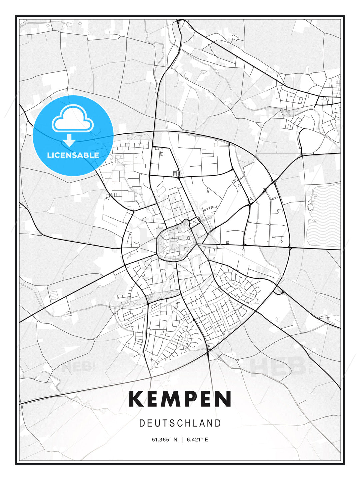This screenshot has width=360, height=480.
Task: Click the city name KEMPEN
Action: point(180,399)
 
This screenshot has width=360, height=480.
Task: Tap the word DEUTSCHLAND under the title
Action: point(180,423)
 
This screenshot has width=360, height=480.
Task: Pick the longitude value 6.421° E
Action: point(197,440)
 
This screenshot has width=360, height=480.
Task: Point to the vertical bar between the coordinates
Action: point(182,440)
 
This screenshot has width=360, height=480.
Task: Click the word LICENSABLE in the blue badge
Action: point(73,155)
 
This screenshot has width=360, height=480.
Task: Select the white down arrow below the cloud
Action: point(69,140)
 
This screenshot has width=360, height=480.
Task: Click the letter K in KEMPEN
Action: point(135,399)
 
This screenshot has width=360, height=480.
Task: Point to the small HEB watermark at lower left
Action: point(77,367)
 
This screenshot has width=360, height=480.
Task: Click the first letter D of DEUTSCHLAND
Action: point(142,423)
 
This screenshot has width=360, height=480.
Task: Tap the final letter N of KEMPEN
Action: point(224,399)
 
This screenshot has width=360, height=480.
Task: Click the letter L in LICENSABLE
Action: point(49,155)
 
